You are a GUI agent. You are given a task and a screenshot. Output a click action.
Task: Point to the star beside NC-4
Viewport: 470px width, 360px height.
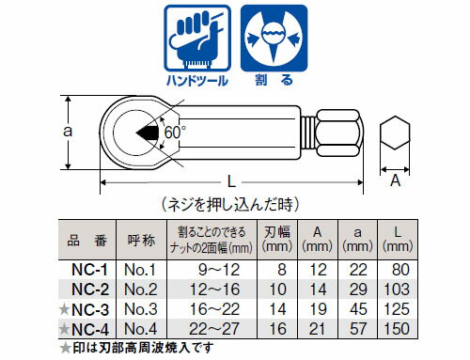[x=65, y=328]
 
